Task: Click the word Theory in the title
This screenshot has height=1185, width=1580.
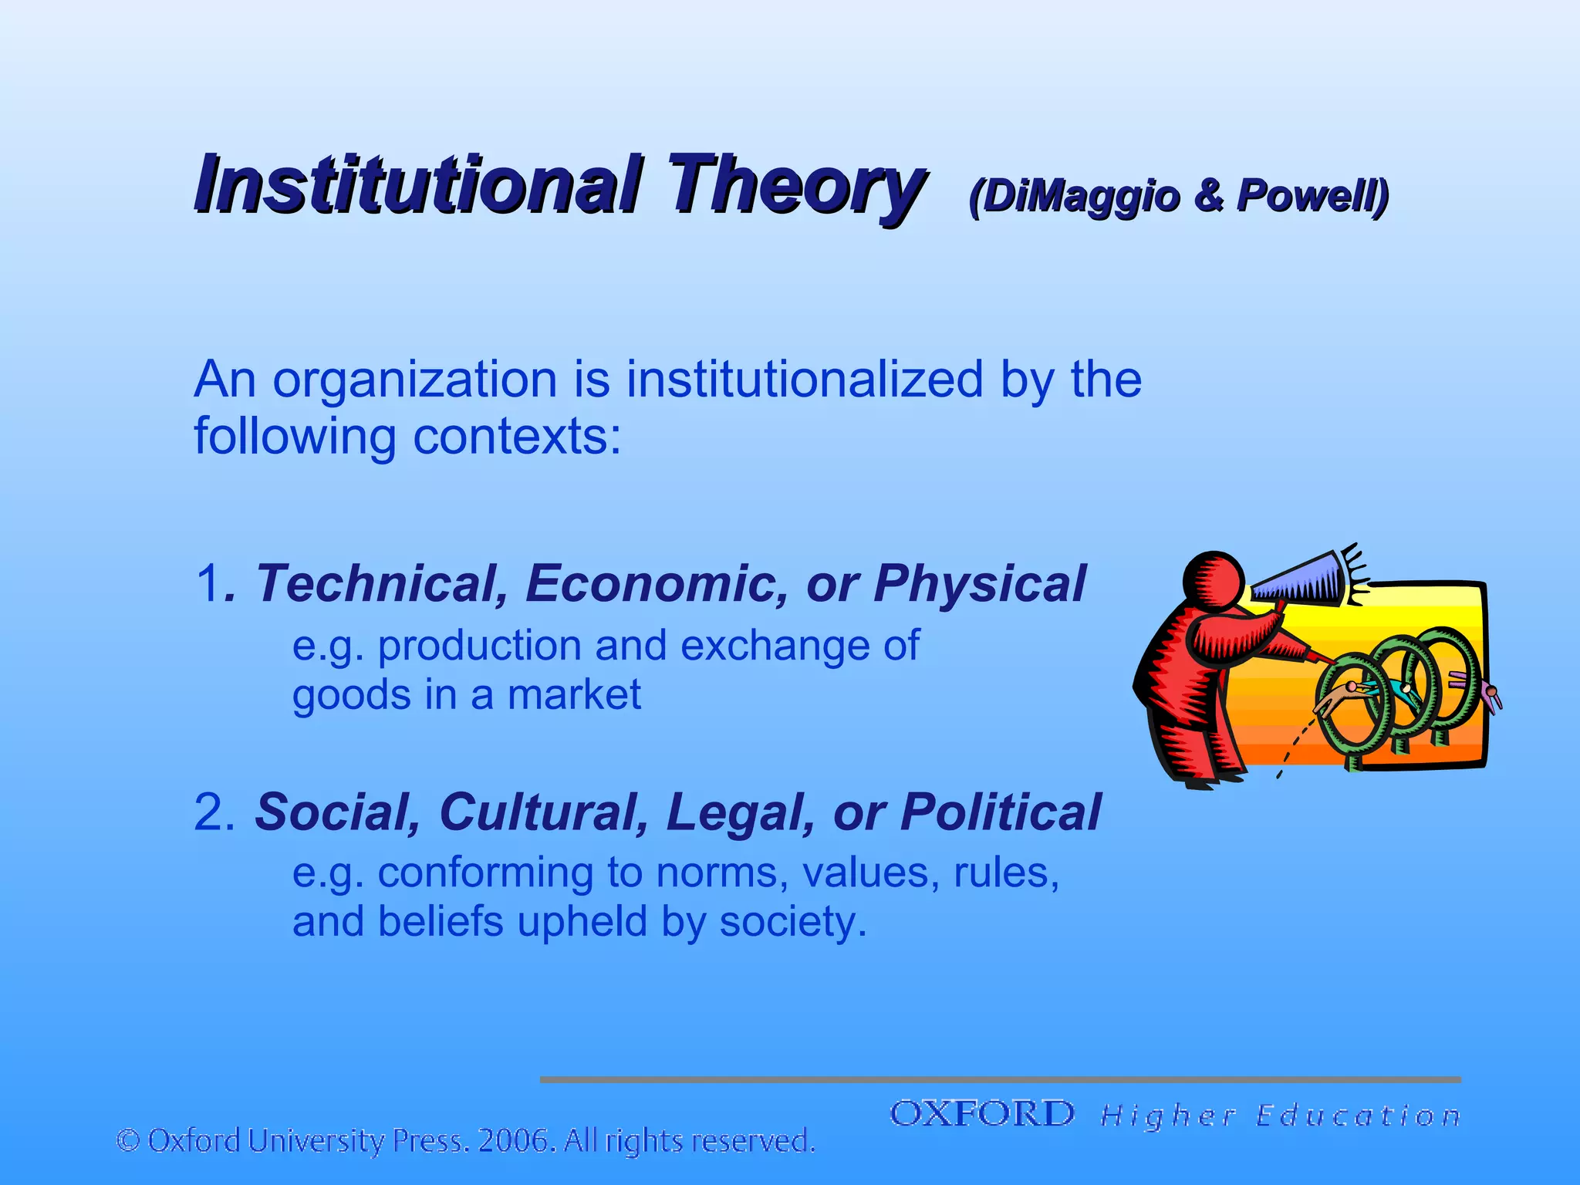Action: [795, 185]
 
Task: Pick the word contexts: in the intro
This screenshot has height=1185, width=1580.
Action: [517, 437]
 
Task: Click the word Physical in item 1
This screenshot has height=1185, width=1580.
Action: [980, 583]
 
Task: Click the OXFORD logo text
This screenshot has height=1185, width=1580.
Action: [982, 1114]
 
